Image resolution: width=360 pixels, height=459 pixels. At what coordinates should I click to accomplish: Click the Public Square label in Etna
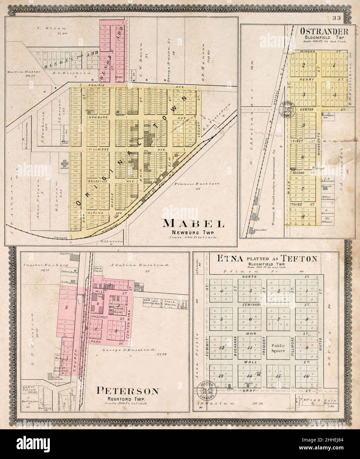coord(278,348)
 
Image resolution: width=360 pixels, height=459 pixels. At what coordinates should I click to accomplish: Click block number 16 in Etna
coord(306,376)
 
